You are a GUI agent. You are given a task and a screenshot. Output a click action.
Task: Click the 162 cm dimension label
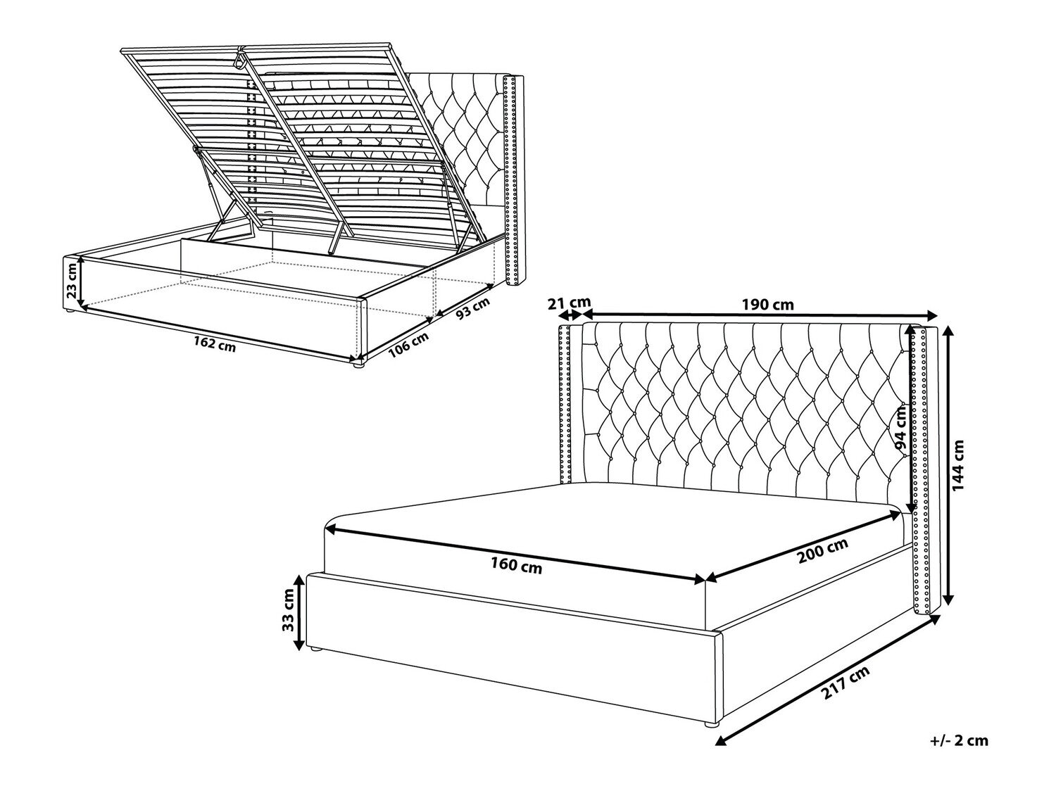tap(215, 344)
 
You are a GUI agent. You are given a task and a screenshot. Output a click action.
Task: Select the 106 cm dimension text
tap(408, 346)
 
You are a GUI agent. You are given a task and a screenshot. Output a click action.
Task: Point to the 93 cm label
tap(472, 308)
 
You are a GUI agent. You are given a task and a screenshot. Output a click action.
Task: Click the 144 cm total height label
tap(959, 464)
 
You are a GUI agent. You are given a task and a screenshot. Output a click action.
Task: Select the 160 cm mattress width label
tap(516, 565)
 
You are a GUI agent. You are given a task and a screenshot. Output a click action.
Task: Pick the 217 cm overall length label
tap(846, 683)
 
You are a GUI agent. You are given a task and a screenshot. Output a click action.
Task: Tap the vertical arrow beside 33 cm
tap(299, 613)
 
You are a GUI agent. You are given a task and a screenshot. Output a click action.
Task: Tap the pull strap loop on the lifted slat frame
tap(239, 59)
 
